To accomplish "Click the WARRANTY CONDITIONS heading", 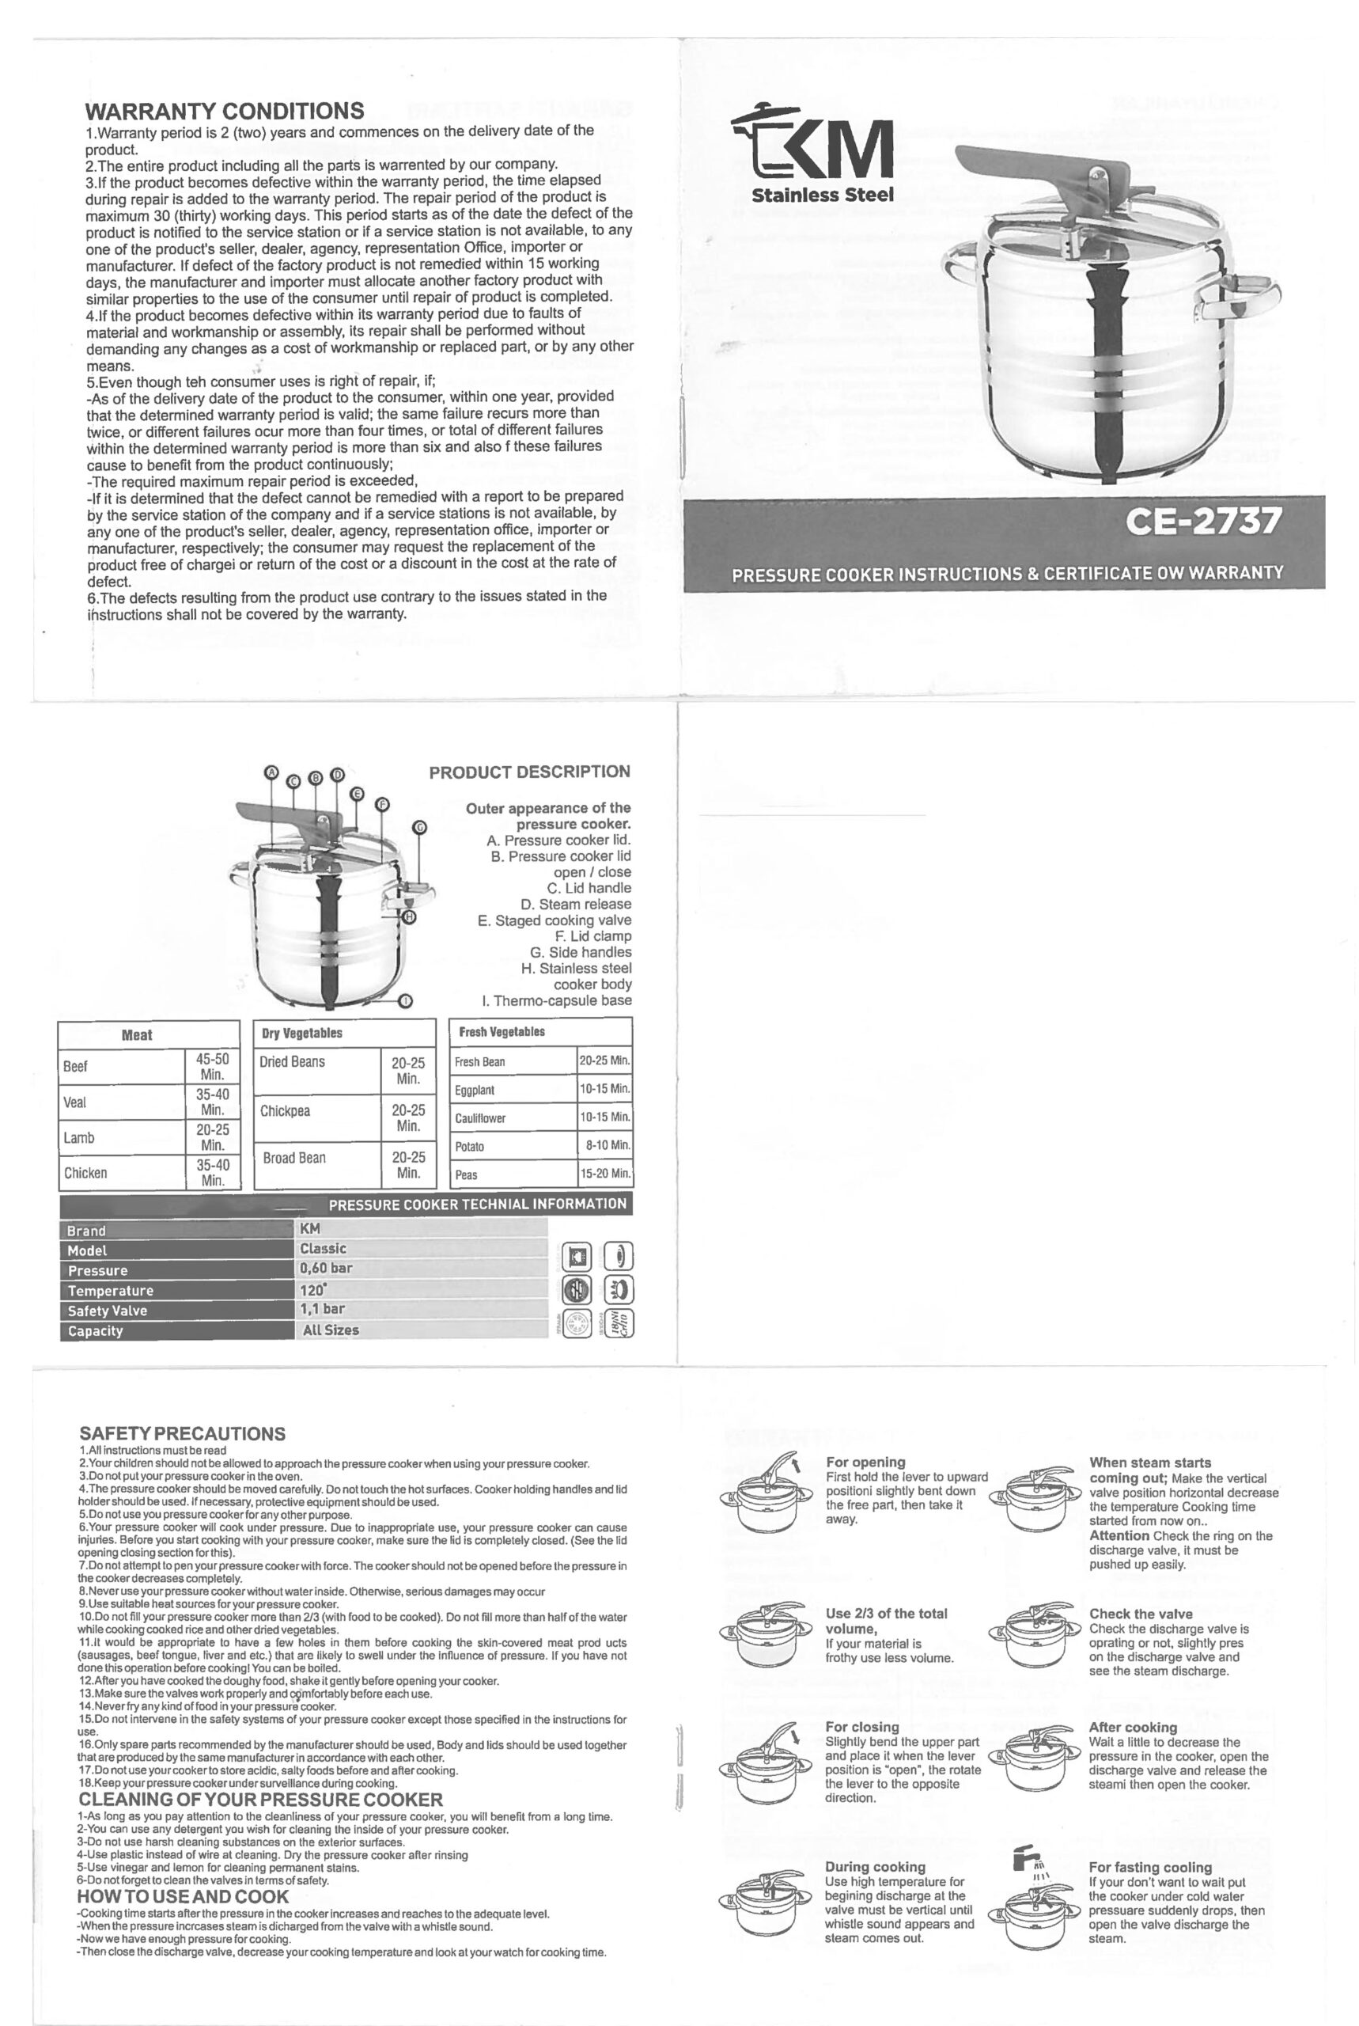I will click(x=225, y=111).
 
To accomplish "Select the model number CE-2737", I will click(x=1202, y=522).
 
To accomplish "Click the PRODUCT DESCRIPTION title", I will click(x=529, y=772).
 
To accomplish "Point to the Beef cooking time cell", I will click(x=212, y=1066).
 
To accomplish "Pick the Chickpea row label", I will click(x=285, y=1111).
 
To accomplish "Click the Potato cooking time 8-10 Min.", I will click(x=607, y=1145).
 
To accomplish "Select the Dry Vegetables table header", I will click(x=301, y=1033).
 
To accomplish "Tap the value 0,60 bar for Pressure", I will click(x=326, y=1269).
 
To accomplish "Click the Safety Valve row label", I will click(x=108, y=1311).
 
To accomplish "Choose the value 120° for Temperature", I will click(x=313, y=1289).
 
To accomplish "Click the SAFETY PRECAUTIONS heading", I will click(x=182, y=1434).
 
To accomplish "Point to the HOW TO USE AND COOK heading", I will click(x=183, y=1898).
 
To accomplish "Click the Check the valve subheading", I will click(x=1141, y=1614).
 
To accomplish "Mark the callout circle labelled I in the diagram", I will click(x=405, y=1001).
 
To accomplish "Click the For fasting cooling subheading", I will click(x=1150, y=1868).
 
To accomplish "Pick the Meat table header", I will click(x=137, y=1035).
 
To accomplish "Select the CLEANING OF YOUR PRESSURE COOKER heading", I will click(x=261, y=1800).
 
